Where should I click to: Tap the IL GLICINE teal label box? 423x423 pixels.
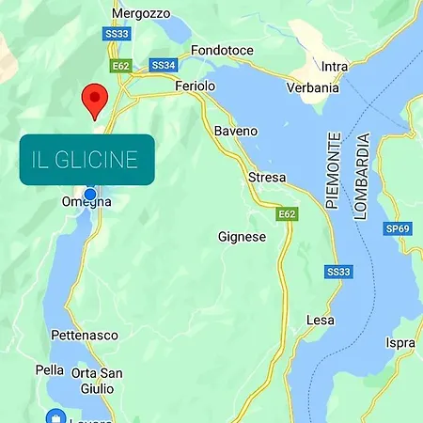[x=86, y=159]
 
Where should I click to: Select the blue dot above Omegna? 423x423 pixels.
[x=90, y=195]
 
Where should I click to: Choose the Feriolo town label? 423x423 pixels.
[x=196, y=86]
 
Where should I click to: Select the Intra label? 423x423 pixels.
[x=335, y=67]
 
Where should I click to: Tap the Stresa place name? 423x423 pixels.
[x=267, y=177]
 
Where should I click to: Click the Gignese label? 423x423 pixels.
[x=242, y=237]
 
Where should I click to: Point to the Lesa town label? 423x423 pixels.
[x=321, y=321]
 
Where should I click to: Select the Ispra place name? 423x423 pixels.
[x=400, y=343]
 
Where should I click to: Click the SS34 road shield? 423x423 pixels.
[x=164, y=66]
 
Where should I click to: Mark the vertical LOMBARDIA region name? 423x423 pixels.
[x=363, y=176]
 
